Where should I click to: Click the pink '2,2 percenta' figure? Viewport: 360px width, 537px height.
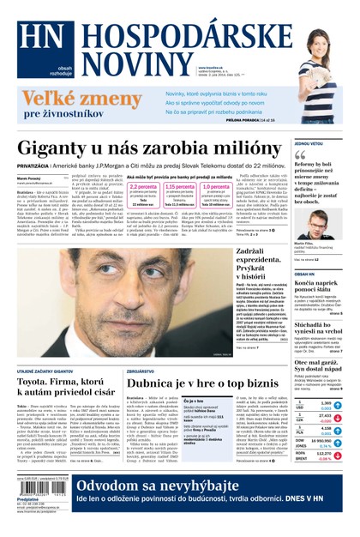tap(141, 185)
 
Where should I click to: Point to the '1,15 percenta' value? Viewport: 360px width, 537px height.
tap(180, 185)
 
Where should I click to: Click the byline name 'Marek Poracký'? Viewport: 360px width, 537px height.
tap(30, 179)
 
